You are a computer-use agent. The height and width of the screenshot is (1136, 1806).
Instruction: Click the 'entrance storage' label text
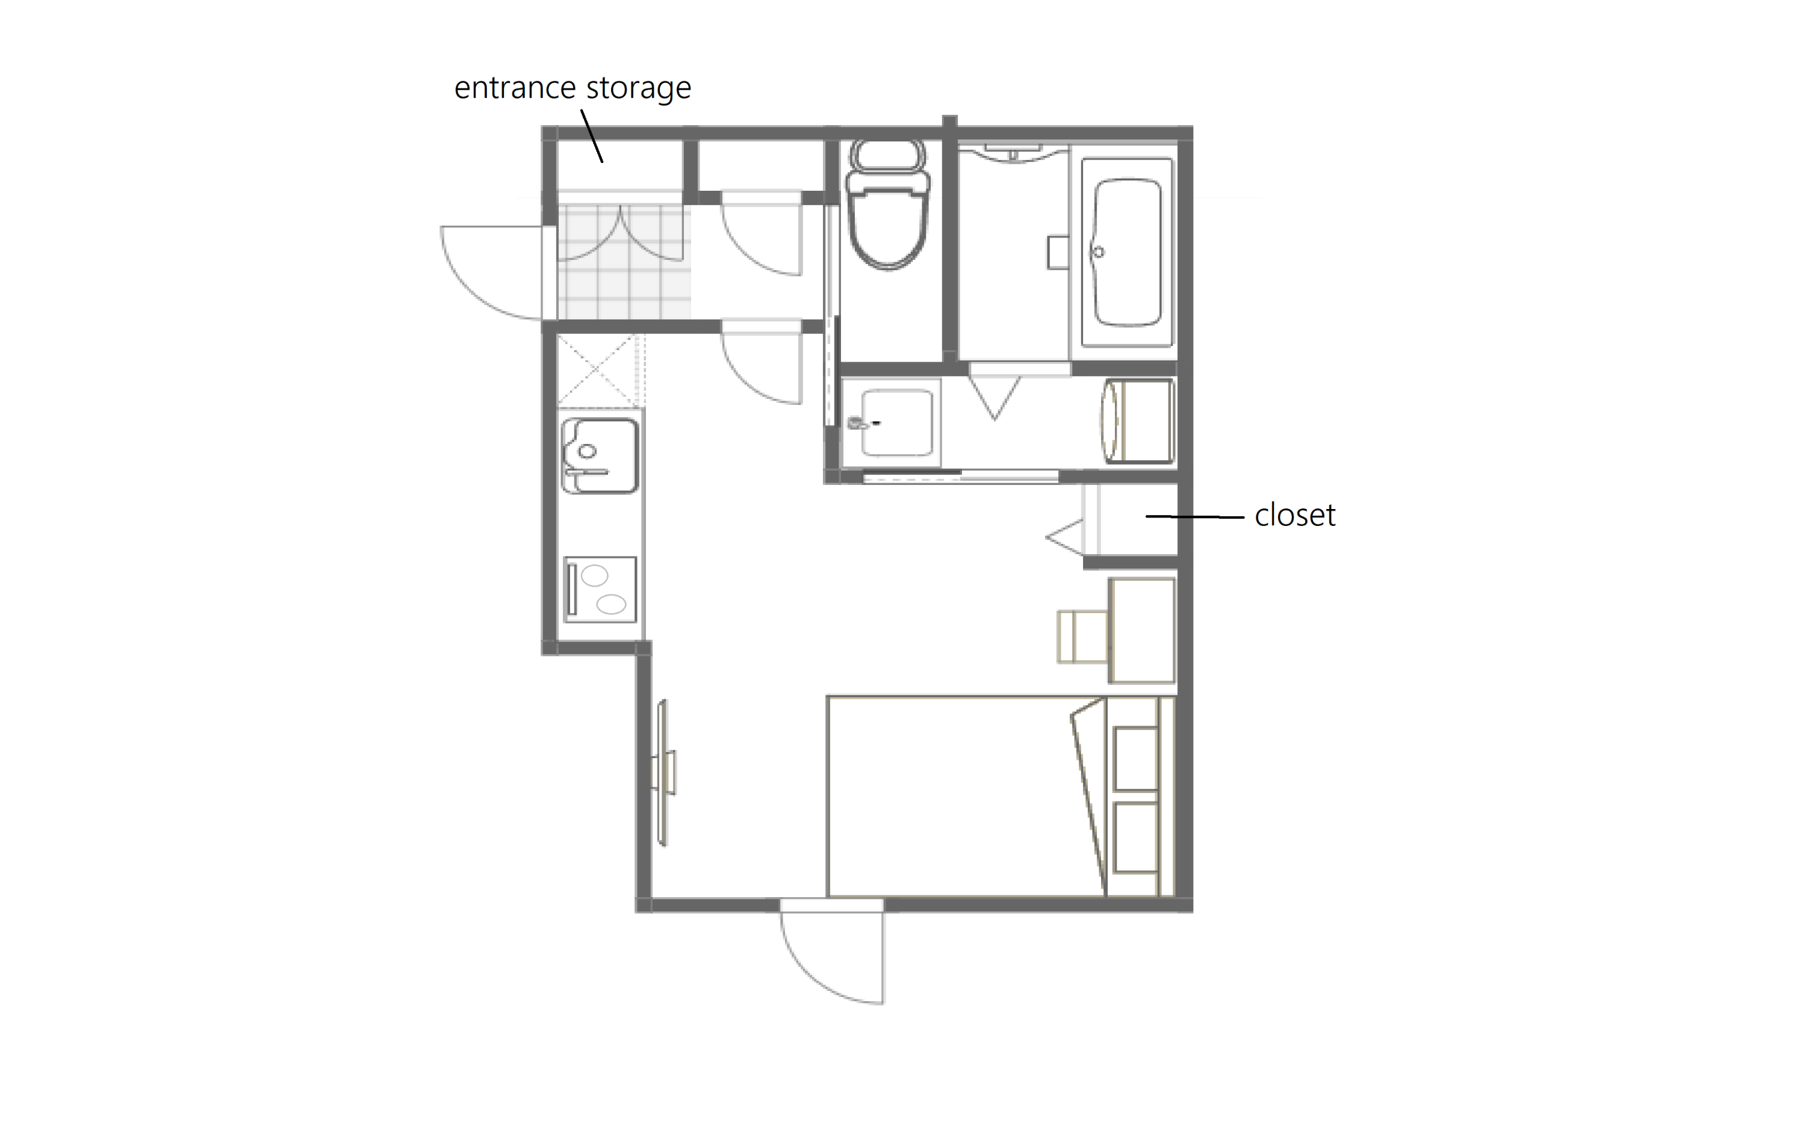573,88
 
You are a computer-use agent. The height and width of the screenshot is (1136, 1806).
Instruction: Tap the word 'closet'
1294,516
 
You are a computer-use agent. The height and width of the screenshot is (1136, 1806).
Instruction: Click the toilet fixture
888,205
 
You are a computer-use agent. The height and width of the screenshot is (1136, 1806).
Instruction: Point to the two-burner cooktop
600,590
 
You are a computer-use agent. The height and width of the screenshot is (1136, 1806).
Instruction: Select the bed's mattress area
966,796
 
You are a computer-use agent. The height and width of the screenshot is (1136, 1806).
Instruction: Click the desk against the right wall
1142,630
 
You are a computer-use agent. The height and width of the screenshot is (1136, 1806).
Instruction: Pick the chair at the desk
1082,637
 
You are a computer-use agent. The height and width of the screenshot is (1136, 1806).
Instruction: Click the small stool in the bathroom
1058,252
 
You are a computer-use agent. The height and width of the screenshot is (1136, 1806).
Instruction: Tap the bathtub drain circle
1099,252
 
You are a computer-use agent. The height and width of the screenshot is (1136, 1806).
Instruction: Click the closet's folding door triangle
1065,537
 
